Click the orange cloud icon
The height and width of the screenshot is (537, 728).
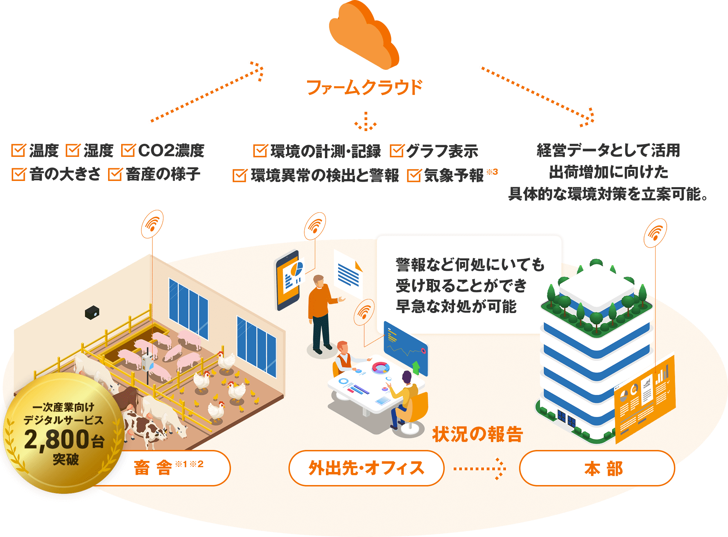(363, 36)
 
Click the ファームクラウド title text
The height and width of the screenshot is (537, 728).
(364, 87)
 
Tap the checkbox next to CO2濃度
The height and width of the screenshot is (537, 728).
(128, 150)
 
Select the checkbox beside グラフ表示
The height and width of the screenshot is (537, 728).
(397, 151)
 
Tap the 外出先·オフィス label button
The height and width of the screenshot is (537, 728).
(366, 468)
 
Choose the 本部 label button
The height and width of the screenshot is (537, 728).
(597, 468)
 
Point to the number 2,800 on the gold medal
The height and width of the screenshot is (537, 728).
(57, 439)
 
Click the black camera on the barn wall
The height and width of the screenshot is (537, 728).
(92, 312)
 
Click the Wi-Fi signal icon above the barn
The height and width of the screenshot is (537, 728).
(152, 224)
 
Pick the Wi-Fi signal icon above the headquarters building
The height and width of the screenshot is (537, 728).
(655, 233)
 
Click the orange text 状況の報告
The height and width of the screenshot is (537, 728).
(478, 434)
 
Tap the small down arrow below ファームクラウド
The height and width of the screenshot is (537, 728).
(366, 122)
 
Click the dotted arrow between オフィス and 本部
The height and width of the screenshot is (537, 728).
(481, 468)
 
